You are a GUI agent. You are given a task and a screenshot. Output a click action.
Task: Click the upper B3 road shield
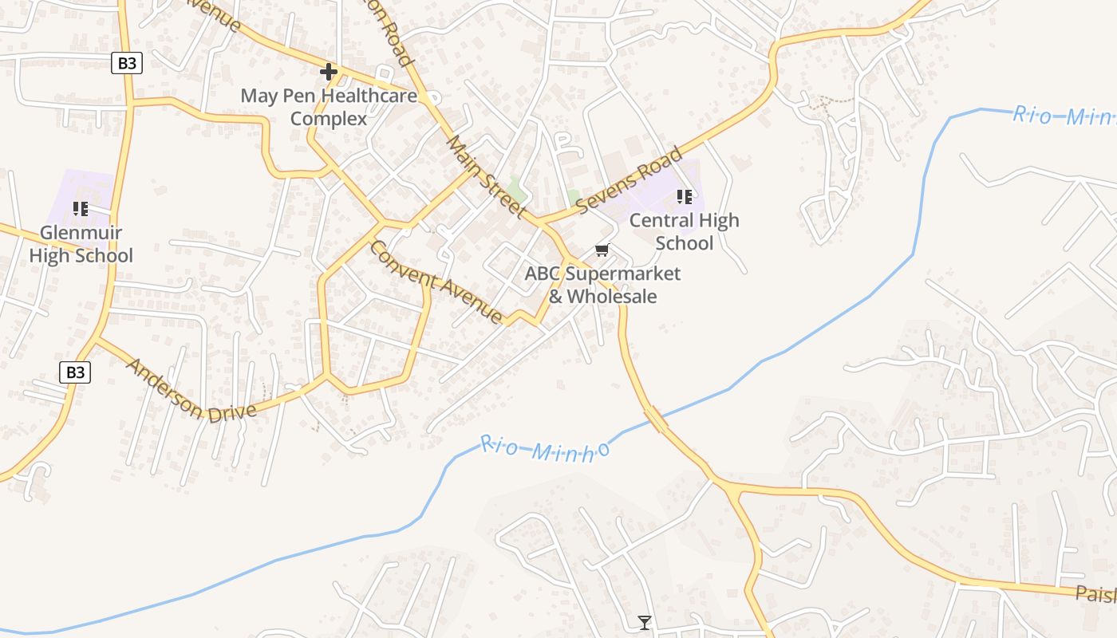tap(126, 64)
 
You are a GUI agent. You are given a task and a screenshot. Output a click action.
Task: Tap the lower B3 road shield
tap(75, 372)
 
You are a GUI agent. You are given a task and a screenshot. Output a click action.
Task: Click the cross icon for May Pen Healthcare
tap(328, 72)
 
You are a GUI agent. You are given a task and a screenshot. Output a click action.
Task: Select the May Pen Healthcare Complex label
tap(329, 107)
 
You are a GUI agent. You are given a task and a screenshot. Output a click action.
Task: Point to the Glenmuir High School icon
tap(81, 209)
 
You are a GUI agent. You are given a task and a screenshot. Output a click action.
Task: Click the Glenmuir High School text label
tap(81, 244)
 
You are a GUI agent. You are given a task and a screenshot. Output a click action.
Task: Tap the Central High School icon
tap(684, 196)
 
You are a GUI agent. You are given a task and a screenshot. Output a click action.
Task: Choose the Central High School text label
tap(684, 231)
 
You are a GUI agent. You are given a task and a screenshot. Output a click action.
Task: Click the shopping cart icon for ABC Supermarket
tap(602, 250)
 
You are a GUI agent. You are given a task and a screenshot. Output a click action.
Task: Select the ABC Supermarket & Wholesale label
tap(602, 285)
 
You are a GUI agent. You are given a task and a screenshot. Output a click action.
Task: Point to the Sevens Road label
tap(630, 179)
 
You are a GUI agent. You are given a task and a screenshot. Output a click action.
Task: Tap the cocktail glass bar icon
tap(645, 622)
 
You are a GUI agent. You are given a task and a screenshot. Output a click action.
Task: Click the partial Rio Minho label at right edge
tap(1064, 116)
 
